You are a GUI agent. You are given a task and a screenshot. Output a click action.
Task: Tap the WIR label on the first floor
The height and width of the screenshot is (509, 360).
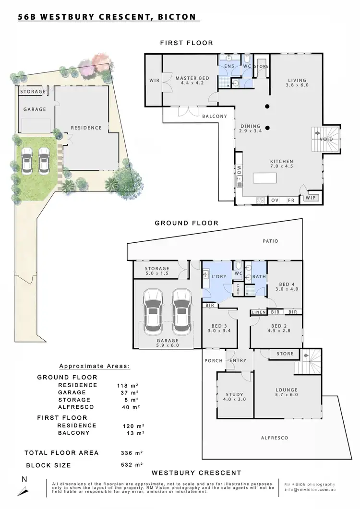[x=154, y=81]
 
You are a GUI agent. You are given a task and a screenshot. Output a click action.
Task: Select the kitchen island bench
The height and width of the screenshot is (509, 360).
[x=265, y=179]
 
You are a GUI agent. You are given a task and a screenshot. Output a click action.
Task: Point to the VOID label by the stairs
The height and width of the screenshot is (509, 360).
[x=326, y=140]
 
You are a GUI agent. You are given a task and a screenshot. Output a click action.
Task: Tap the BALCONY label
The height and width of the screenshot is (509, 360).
[x=214, y=116]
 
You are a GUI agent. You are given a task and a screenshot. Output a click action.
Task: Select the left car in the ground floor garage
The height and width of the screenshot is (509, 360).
[x=153, y=312]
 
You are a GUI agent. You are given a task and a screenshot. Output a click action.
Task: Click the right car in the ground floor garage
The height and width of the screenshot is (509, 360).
[x=181, y=312]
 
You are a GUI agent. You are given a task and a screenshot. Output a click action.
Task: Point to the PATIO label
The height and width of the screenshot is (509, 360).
[x=270, y=241]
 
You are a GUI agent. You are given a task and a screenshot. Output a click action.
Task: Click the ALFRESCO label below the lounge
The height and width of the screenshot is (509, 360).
[x=274, y=438]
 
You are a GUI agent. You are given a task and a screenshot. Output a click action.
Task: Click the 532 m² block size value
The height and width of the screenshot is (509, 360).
[x=129, y=465]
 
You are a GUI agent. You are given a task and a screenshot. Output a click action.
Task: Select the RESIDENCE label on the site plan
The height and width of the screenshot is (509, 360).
[x=86, y=128]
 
